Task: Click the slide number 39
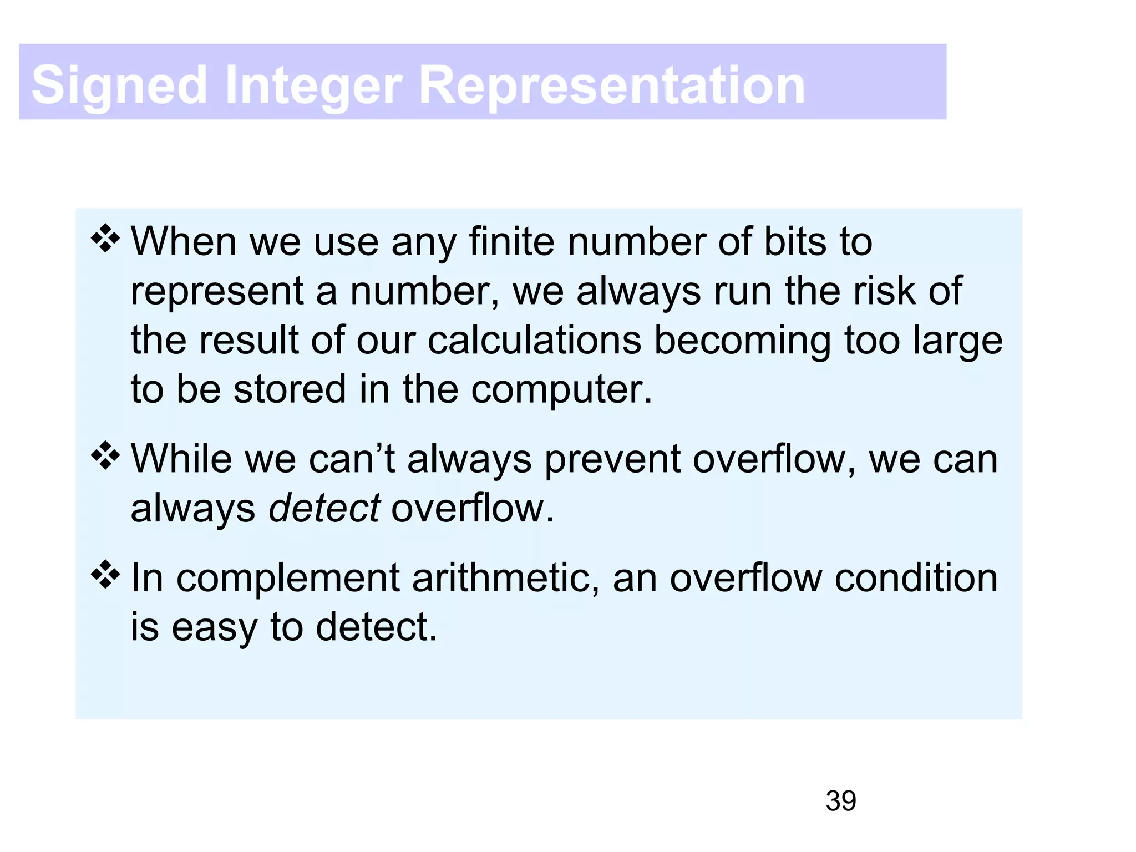(840, 801)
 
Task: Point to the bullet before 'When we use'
(105, 239)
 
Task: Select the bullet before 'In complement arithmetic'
(105, 575)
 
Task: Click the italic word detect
(324, 508)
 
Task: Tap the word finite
(511, 242)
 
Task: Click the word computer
(561, 389)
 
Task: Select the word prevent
(612, 460)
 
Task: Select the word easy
(215, 628)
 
